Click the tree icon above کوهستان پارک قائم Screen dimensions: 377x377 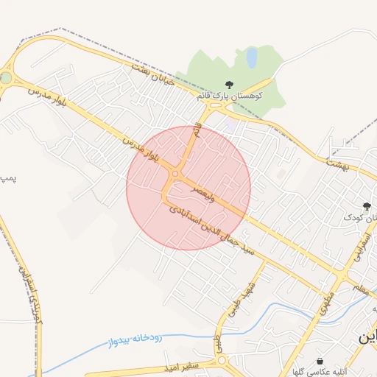click(229, 85)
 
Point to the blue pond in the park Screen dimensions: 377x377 click(251, 57)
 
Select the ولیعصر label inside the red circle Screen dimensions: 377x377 click(205, 194)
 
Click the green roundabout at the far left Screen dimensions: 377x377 click(6, 77)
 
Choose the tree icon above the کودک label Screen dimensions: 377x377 click(367, 206)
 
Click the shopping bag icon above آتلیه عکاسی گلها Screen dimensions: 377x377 click(320, 361)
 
